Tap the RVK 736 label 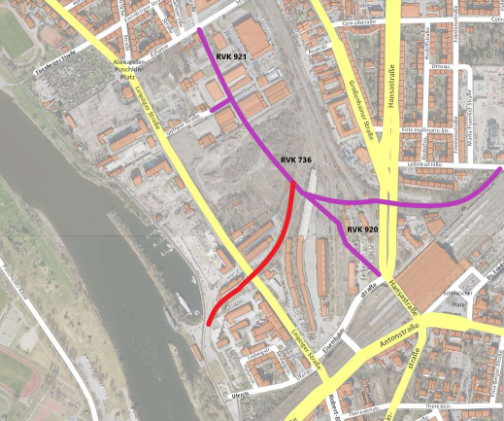(295, 159)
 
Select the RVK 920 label (361, 229)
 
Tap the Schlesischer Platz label (457, 306)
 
